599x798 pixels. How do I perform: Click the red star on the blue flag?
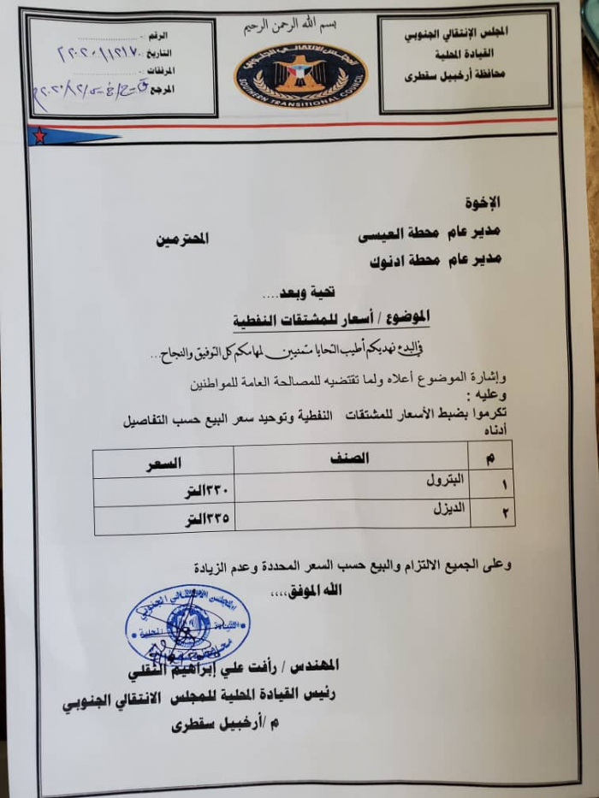(x=39, y=135)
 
